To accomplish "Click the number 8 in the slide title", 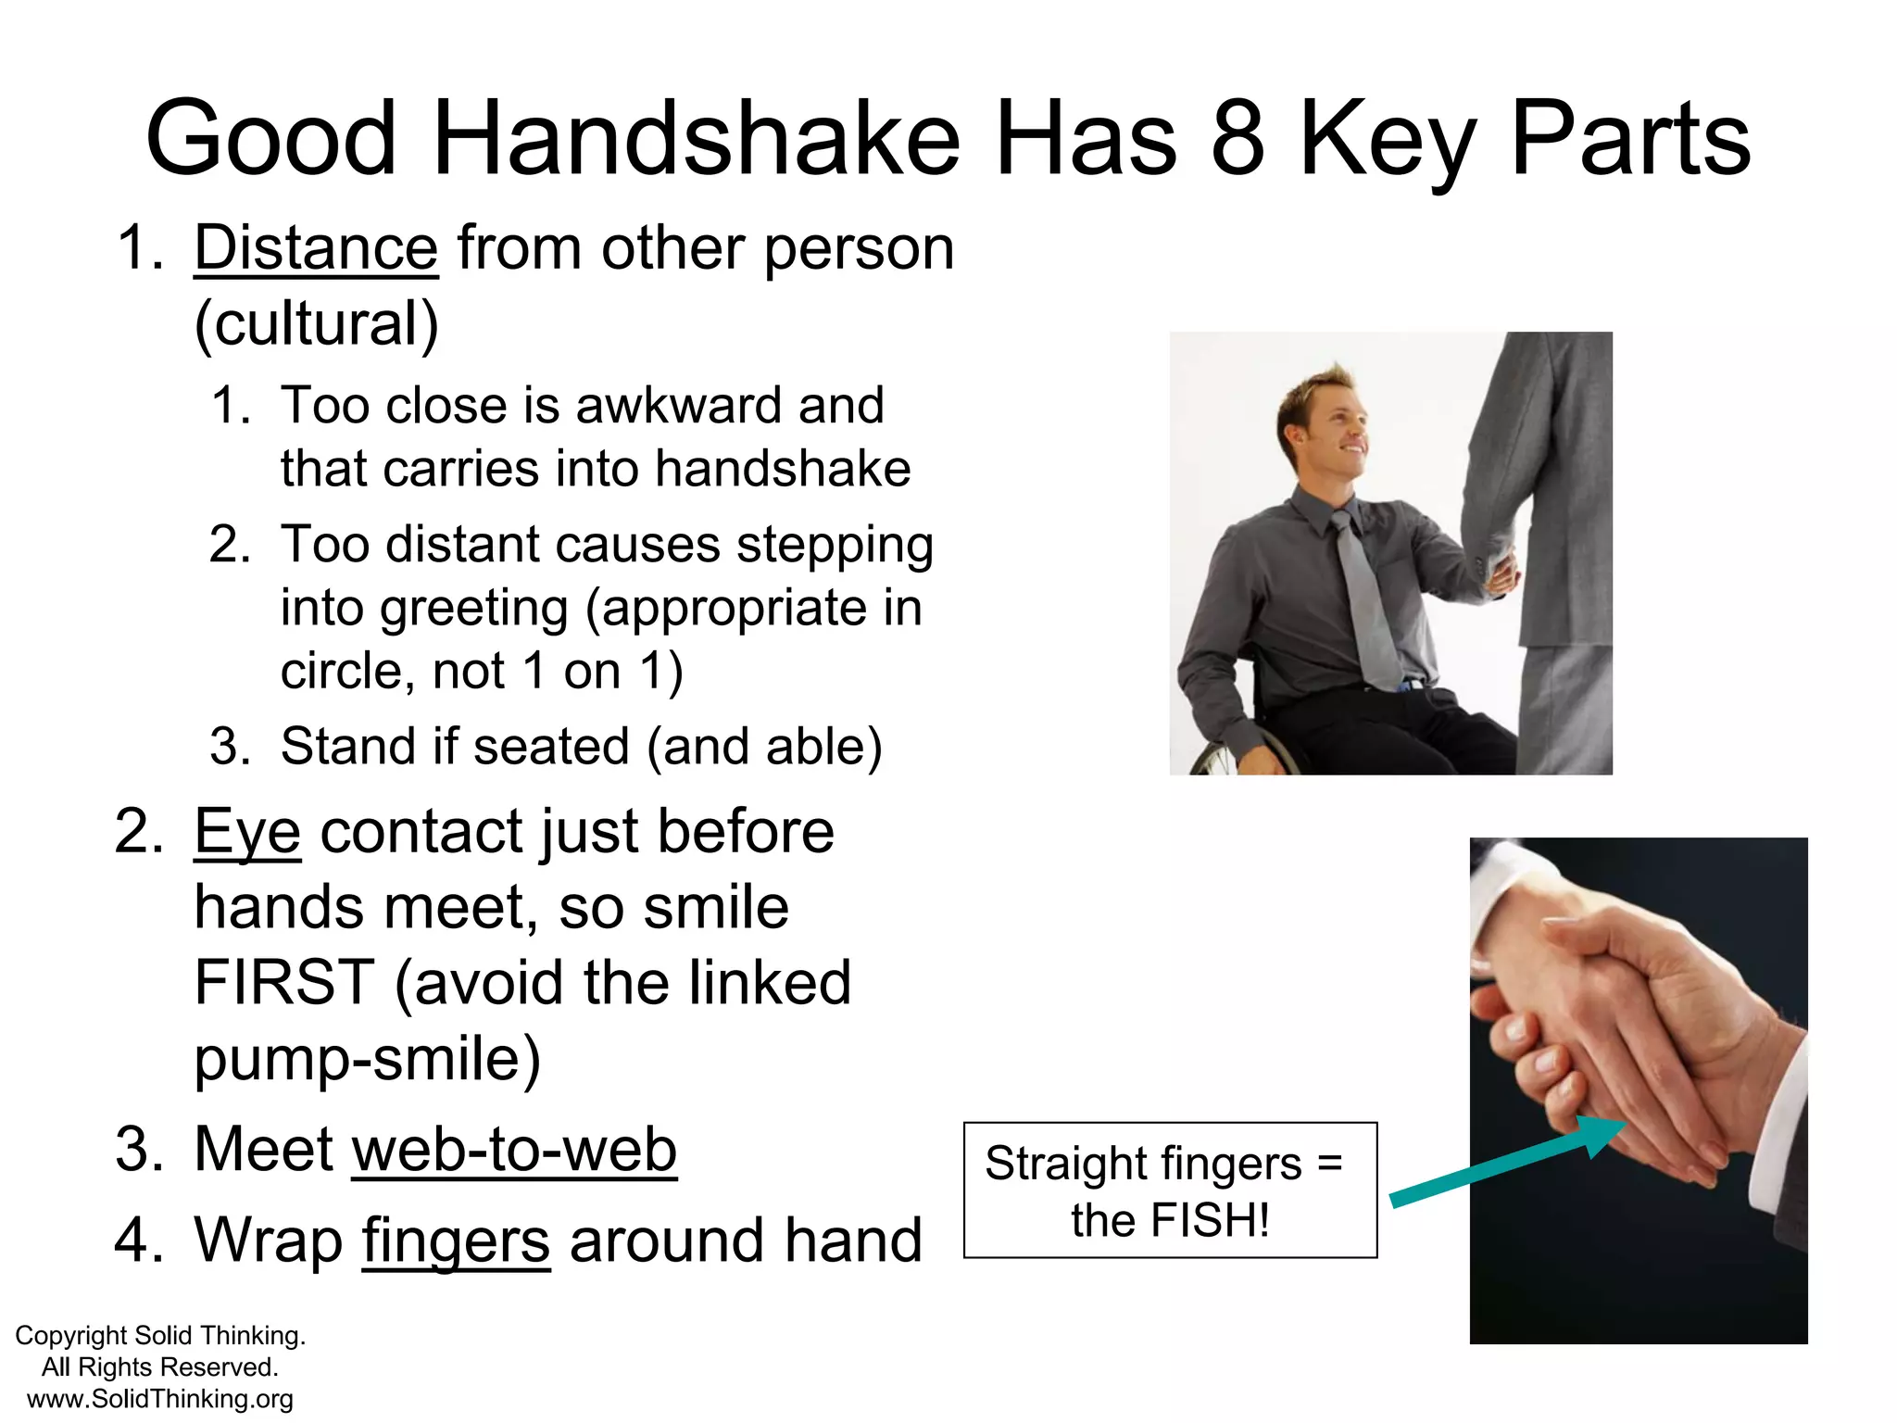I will (1237, 139).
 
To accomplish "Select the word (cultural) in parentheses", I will (316, 324).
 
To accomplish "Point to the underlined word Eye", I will (247, 831).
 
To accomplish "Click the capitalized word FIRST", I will (284, 982).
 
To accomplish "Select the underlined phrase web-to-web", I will (514, 1150).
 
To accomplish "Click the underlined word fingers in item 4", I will (456, 1240).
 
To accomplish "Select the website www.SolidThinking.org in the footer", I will (159, 1399).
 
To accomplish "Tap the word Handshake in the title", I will (696, 139).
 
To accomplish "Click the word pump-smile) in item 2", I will (367, 1058).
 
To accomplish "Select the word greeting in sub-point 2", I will (473, 609).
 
